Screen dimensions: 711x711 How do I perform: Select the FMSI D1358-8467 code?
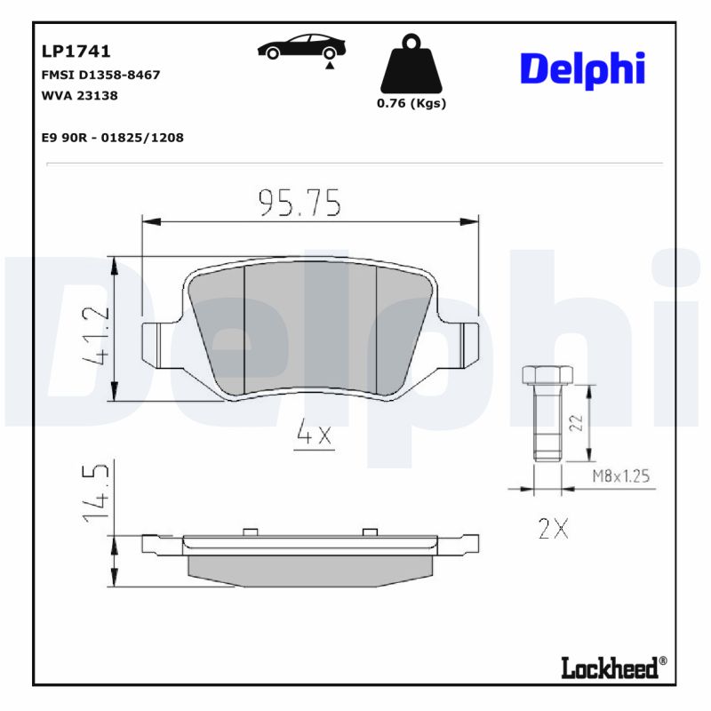click(x=100, y=75)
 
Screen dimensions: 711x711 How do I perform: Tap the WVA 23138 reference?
click(x=80, y=95)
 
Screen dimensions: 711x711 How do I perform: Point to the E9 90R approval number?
click(x=112, y=138)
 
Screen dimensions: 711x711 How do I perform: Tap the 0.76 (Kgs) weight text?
click(x=411, y=103)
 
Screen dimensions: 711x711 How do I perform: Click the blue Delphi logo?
click(x=582, y=69)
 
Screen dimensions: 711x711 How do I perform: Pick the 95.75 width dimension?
click(x=300, y=204)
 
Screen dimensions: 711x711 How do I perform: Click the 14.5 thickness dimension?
click(x=97, y=491)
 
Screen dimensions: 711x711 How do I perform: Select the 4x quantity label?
click(x=313, y=435)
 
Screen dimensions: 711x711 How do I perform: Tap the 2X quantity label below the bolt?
click(x=553, y=530)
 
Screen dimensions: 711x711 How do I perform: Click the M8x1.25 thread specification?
click(x=620, y=477)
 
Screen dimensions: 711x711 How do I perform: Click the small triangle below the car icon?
click(x=330, y=66)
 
